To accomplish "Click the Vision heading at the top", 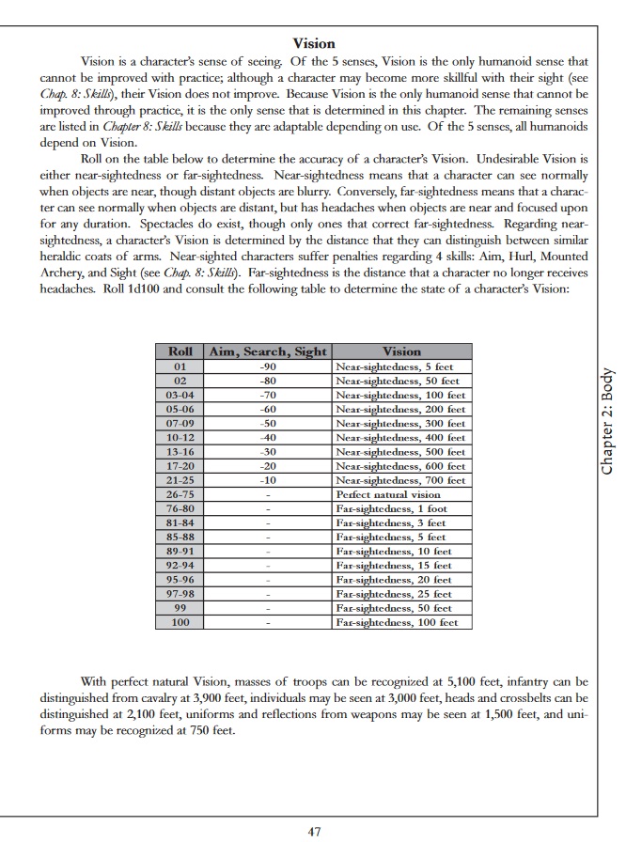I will click(x=314, y=43).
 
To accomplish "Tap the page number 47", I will click(x=315, y=831).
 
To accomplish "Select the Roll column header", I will click(x=180, y=351).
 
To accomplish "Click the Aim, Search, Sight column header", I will click(x=267, y=351).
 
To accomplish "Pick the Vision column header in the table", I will click(x=402, y=351).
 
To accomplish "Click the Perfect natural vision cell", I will click(x=387, y=494).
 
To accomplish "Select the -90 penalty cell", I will click(x=268, y=366).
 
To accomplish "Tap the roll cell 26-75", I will click(x=180, y=494).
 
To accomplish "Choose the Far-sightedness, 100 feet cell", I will click(x=397, y=622).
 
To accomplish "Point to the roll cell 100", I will click(x=180, y=622).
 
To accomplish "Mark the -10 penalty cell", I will click(x=268, y=480).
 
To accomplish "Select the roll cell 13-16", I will click(x=180, y=452).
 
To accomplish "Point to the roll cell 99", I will click(x=180, y=608).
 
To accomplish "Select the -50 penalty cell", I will click(x=268, y=423).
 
